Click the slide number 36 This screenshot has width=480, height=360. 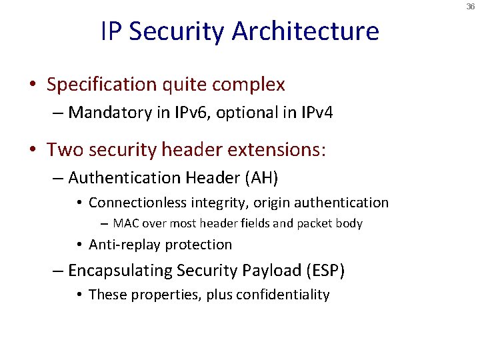click(471, 6)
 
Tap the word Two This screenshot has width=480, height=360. click(65, 149)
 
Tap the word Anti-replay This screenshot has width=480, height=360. click(125, 245)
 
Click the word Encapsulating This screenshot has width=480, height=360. click(120, 271)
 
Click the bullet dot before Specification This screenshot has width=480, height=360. click(33, 85)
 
